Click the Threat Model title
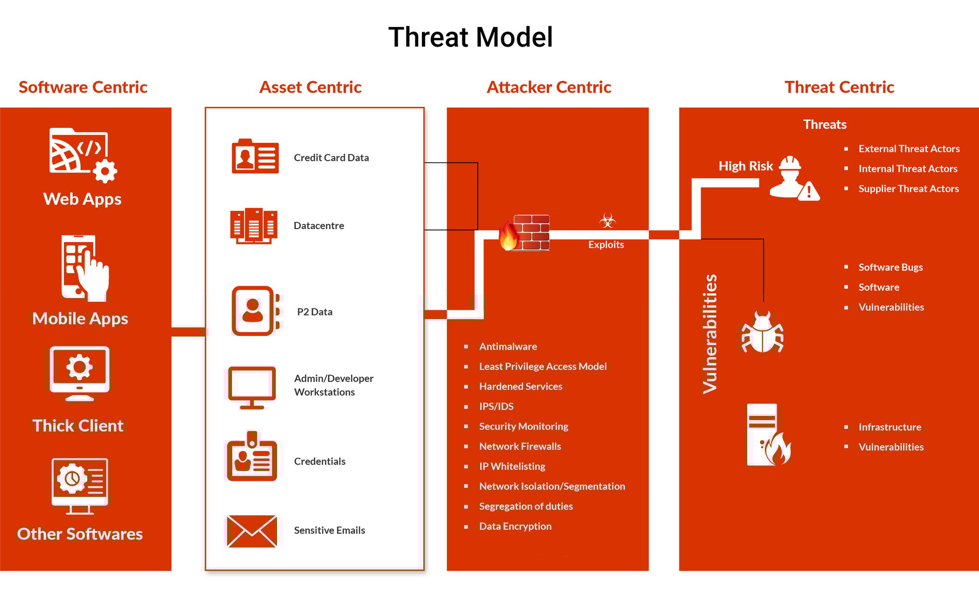470,37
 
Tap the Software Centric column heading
83,87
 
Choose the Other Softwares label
80,534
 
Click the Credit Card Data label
331,158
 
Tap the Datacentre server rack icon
254,226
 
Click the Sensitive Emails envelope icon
252,531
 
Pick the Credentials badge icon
252,457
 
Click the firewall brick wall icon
530,232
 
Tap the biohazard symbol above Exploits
607,221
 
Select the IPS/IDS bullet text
496,406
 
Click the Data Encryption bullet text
515,526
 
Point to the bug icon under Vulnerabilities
762,332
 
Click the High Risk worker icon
793,178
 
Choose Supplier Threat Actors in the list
908,188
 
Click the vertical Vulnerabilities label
710,334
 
